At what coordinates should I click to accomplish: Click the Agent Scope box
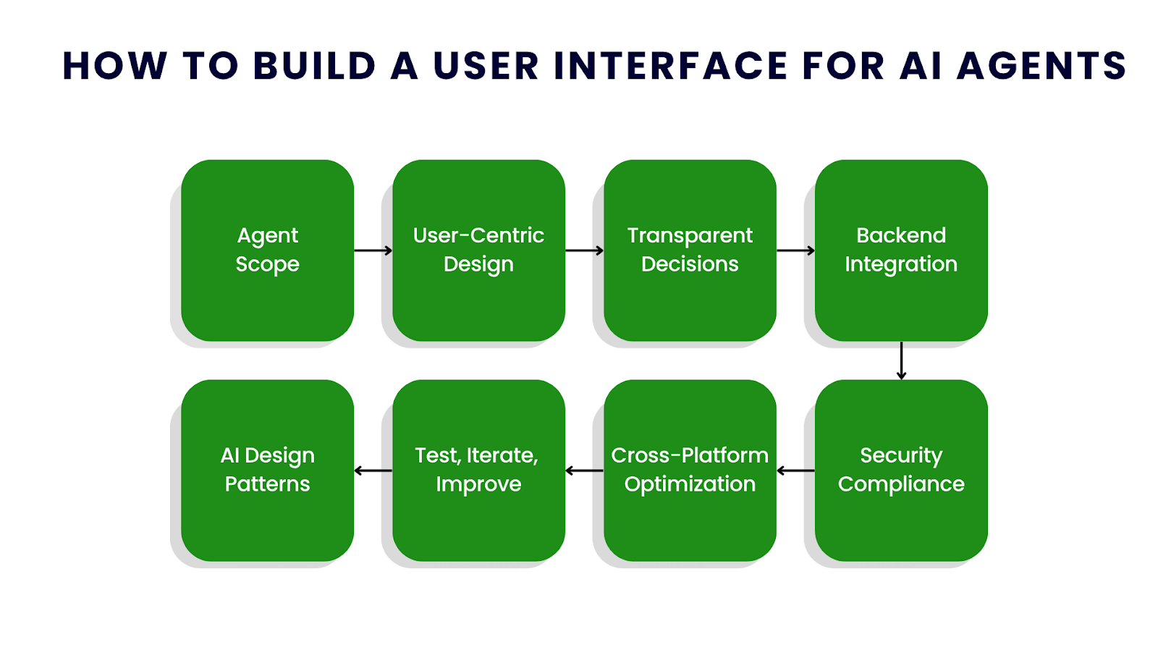267,250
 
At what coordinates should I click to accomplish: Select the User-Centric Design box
478,250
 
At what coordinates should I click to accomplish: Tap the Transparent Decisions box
690,250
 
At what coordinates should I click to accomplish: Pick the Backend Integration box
901,250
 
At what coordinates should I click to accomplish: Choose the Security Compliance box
901,470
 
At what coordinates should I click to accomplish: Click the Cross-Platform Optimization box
690,470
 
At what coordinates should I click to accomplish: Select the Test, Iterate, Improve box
478,470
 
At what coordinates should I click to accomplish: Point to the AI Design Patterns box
267,470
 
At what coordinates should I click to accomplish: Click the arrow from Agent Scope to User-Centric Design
373,250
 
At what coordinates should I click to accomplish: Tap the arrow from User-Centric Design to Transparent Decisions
584,250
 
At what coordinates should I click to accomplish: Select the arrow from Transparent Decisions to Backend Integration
795,250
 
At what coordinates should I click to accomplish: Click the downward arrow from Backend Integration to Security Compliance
901,360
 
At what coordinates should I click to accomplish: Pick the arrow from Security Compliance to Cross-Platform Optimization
795,471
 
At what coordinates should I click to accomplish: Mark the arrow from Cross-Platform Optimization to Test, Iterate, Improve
584,471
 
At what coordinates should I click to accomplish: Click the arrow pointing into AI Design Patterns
373,471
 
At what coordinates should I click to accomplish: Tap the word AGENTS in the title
1041,66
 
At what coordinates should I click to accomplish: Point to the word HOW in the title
115,66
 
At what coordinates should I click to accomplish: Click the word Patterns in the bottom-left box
267,484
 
